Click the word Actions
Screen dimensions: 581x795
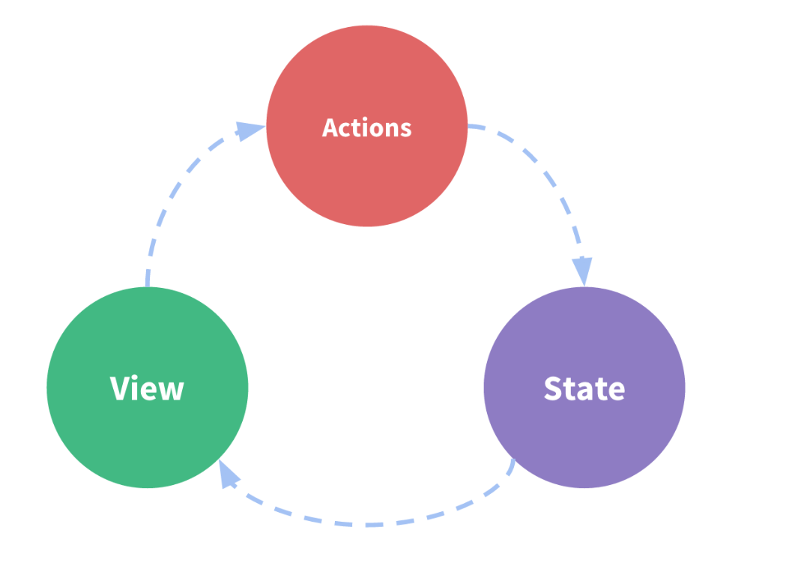click(366, 127)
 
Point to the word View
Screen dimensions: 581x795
click(147, 388)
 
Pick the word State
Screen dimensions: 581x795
click(584, 388)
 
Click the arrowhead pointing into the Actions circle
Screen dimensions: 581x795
click(249, 130)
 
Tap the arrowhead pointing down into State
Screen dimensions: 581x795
click(582, 270)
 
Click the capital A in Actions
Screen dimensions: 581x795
click(330, 127)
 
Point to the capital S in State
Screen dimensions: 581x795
click(554, 388)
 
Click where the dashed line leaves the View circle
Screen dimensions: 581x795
click(148, 283)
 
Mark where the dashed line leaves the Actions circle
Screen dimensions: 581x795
click(470, 127)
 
